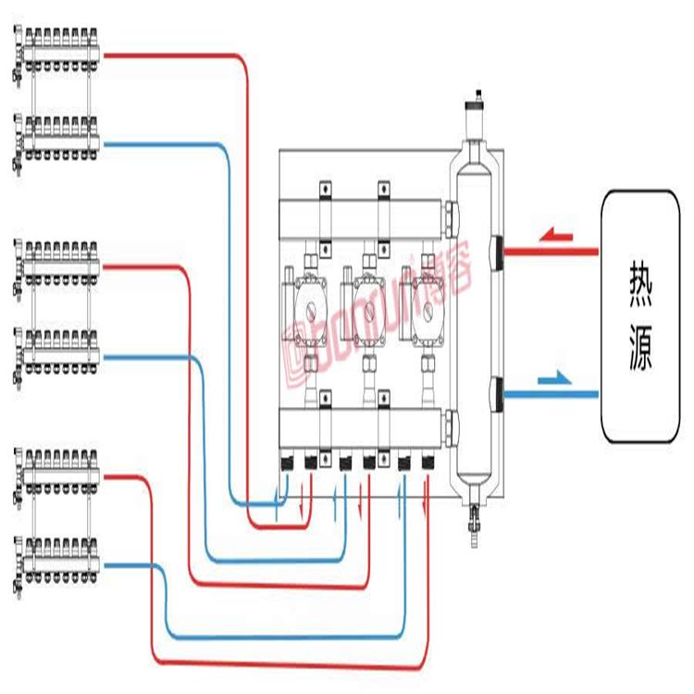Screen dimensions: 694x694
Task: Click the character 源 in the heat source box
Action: coord(639,353)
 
